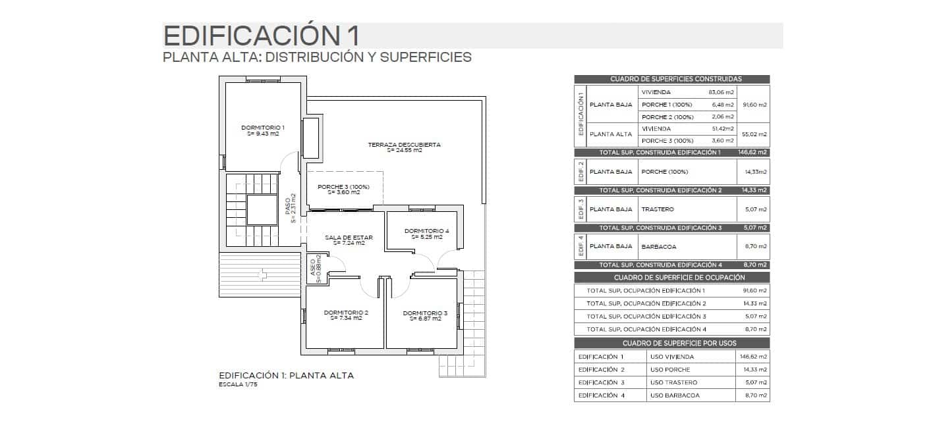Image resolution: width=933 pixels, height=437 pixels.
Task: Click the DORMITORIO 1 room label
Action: point(263,127)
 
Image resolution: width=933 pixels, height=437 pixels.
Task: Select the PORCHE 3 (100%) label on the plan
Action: point(343,186)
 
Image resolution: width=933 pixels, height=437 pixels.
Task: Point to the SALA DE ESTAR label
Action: point(349,237)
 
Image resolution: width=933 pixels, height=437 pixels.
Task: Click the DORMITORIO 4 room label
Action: point(426,231)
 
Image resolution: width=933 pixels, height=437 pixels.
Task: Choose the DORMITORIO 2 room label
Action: point(346,312)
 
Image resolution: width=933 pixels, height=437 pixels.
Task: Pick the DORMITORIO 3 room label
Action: point(425,313)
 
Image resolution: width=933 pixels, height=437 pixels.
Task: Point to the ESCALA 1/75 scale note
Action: point(238,385)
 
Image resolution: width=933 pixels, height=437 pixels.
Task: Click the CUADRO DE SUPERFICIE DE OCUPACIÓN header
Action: point(671,278)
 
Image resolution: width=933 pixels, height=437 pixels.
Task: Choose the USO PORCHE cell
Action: point(669,370)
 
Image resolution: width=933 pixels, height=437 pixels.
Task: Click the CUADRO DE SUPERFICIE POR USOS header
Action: point(671,343)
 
